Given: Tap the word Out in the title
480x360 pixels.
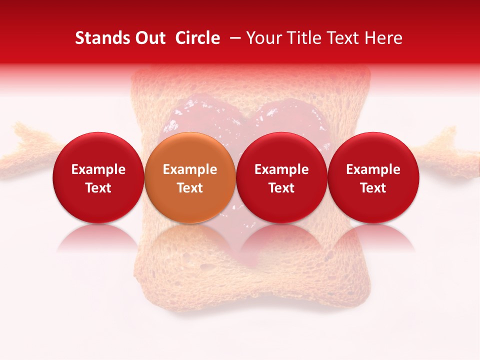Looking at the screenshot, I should (149, 38).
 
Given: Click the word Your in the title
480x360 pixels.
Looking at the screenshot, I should (261, 38).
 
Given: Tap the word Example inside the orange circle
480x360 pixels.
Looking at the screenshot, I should (190, 169).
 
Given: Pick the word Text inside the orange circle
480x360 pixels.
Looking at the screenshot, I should (190, 188).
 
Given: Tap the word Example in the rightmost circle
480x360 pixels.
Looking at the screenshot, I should (373, 169).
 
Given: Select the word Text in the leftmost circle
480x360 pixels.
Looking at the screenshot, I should (98, 188).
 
